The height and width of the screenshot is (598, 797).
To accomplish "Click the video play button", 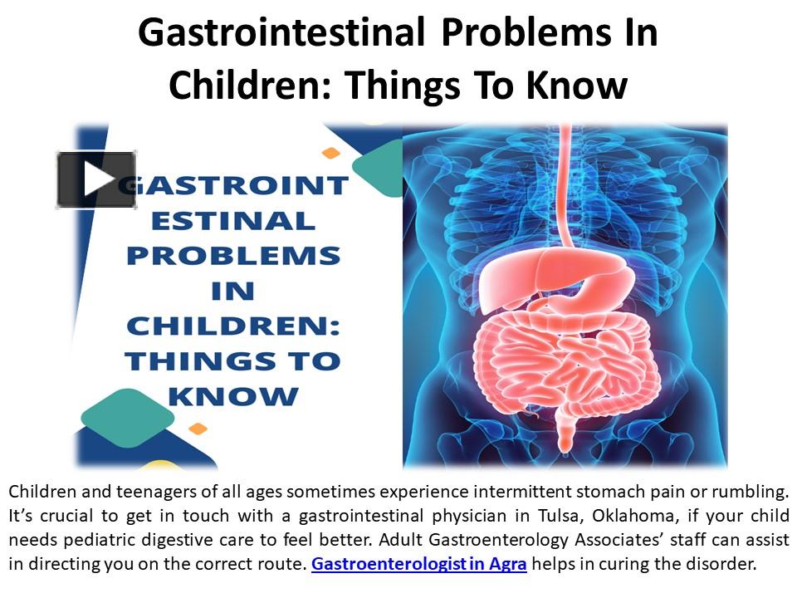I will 96,179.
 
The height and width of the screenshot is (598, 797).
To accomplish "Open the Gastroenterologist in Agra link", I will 419,565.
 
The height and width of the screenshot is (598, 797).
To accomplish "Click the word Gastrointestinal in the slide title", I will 282,34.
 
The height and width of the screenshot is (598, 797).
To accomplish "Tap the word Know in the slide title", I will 578,85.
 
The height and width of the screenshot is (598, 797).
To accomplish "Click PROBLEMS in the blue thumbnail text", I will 233,256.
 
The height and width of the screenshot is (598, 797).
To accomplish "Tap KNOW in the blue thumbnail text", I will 233,396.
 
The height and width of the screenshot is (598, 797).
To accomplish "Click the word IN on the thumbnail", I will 233,291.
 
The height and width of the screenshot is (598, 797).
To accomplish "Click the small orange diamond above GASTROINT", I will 331,153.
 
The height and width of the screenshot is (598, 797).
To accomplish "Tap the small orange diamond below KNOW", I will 198,429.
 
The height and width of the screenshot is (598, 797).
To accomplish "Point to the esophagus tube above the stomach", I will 567,183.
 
